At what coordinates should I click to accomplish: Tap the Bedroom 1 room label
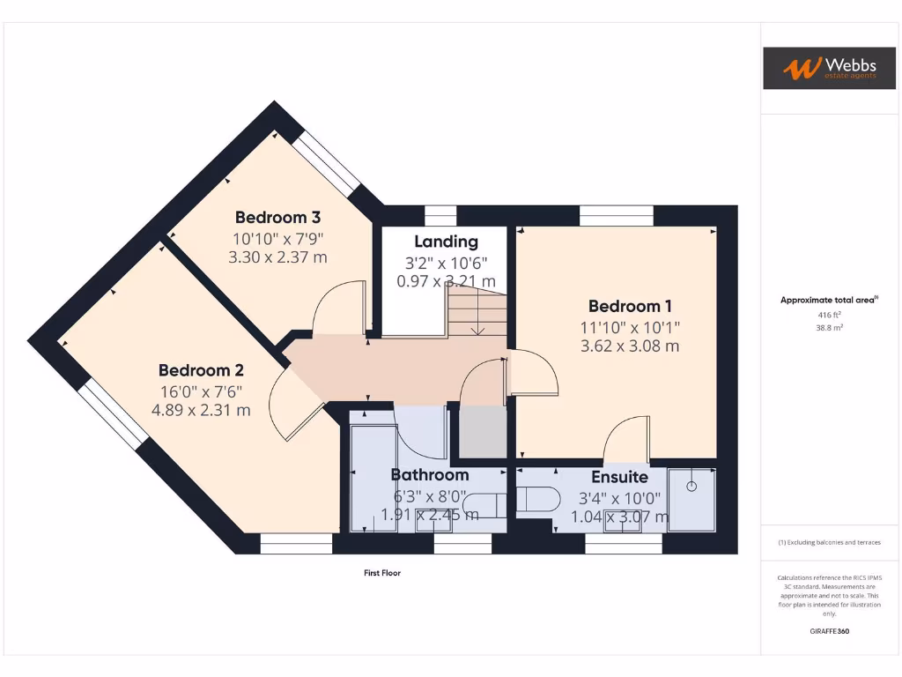click(x=630, y=307)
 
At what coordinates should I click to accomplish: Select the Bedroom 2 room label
click(x=201, y=370)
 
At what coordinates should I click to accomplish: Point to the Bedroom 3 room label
click(x=277, y=217)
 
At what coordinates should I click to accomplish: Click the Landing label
click(x=446, y=242)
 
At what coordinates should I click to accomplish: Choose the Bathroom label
click(x=430, y=475)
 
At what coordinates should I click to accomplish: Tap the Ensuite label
click(x=619, y=477)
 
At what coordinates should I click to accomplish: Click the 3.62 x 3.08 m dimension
click(x=630, y=346)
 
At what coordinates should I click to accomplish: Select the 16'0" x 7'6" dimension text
click(x=201, y=391)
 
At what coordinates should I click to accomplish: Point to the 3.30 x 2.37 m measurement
click(x=277, y=257)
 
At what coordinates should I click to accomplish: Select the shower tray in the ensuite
click(x=691, y=500)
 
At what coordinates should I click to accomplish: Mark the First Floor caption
click(x=382, y=573)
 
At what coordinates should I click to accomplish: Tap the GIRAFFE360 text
click(x=829, y=631)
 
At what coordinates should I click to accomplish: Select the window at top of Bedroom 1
click(x=616, y=216)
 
